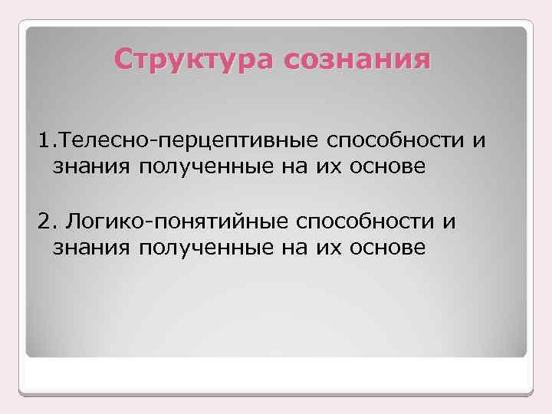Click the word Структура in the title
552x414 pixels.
tap(194, 59)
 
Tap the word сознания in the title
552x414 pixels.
tap(356, 59)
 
